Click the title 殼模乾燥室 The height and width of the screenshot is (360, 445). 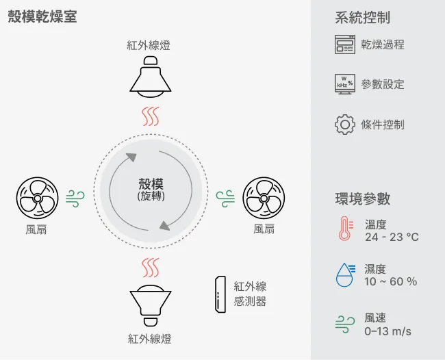coord(42,16)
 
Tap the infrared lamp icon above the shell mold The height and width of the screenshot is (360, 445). coord(151,77)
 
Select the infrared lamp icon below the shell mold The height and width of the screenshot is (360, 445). coord(151,306)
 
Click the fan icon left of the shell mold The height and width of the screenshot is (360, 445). coord(37,198)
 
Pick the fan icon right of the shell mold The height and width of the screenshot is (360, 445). coord(264,198)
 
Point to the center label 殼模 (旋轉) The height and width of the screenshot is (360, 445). coord(151,190)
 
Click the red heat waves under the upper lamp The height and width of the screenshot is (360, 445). coord(151,116)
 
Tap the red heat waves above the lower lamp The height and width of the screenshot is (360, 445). coord(151,268)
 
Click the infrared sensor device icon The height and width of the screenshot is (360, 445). coord(220,294)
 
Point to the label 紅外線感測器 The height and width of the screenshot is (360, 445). coord(250,294)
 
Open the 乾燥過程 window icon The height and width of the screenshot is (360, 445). coord(345,44)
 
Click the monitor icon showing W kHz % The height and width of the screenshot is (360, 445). coord(345,84)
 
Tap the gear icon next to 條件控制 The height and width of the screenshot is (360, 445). coord(345,125)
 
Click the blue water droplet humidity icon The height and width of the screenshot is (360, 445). coord(345,274)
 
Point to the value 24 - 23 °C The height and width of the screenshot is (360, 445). coord(392,237)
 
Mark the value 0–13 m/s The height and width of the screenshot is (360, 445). coord(387,331)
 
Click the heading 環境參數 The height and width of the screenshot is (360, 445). coord(363,198)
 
